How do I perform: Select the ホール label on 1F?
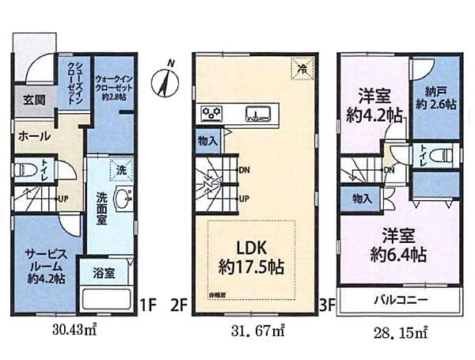coord(31,135)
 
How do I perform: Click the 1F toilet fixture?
coord(24,172)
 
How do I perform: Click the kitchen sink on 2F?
coord(256,112)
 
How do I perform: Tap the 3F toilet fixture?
coord(446,153)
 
